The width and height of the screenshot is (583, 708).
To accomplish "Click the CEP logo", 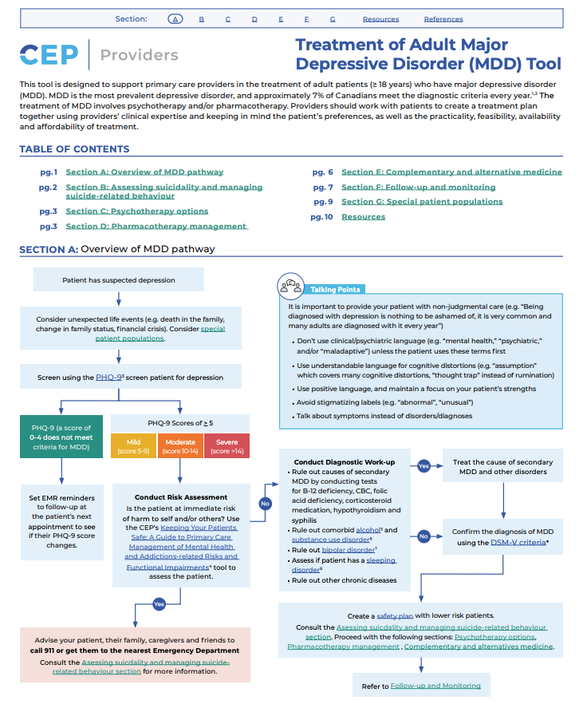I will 49,54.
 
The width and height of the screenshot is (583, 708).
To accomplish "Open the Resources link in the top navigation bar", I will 380,19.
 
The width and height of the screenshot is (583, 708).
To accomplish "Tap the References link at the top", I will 443,19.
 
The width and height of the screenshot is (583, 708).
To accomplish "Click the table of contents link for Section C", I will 136,212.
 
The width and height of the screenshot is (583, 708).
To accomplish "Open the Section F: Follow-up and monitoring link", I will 418,187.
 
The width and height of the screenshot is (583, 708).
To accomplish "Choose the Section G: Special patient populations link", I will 422,202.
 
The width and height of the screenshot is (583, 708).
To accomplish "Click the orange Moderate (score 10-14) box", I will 180,445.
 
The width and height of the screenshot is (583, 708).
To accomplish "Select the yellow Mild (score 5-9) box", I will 134,445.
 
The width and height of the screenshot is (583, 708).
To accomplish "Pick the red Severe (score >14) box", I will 227,445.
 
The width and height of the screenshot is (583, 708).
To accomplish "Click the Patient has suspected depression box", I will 118,280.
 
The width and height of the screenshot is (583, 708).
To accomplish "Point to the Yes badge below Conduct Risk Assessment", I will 158,604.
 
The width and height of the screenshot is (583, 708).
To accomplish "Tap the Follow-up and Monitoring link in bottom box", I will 435,686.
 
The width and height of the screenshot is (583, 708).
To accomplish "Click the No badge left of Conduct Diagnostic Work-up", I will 264,504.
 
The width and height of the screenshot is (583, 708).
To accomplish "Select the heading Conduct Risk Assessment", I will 181,497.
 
